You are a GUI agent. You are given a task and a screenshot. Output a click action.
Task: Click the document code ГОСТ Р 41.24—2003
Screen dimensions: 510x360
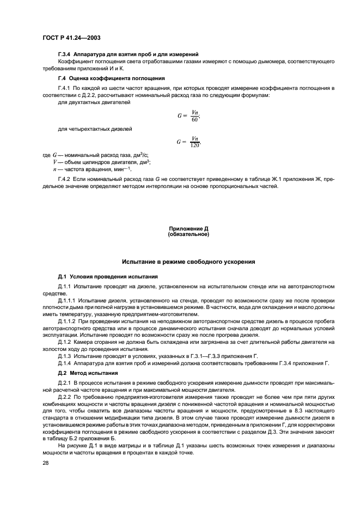pyautogui.click(x=68, y=38)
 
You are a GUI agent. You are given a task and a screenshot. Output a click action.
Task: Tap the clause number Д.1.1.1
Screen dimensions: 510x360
pyautogui.click(x=68, y=300)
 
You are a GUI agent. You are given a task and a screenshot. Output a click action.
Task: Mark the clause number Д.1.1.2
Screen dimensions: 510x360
pyautogui.click(x=68, y=321)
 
